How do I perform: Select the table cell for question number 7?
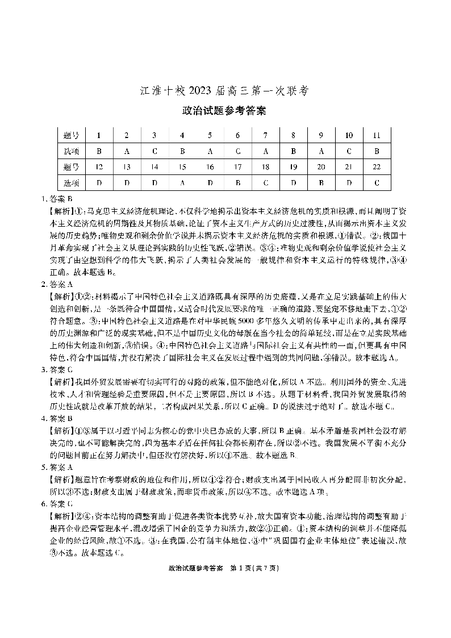click(x=265, y=135)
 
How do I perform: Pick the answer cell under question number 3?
click(x=154, y=151)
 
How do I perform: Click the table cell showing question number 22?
click(x=377, y=167)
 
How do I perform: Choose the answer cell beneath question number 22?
click(x=377, y=183)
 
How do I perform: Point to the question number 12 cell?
click(x=99, y=167)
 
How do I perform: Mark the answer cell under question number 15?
click(x=182, y=183)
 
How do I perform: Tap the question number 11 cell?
click(x=377, y=135)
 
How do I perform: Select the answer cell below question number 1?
click(x=99, y=151)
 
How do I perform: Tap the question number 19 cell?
click(x=293, y=167)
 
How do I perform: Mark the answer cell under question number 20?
click(x=321, y=183)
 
